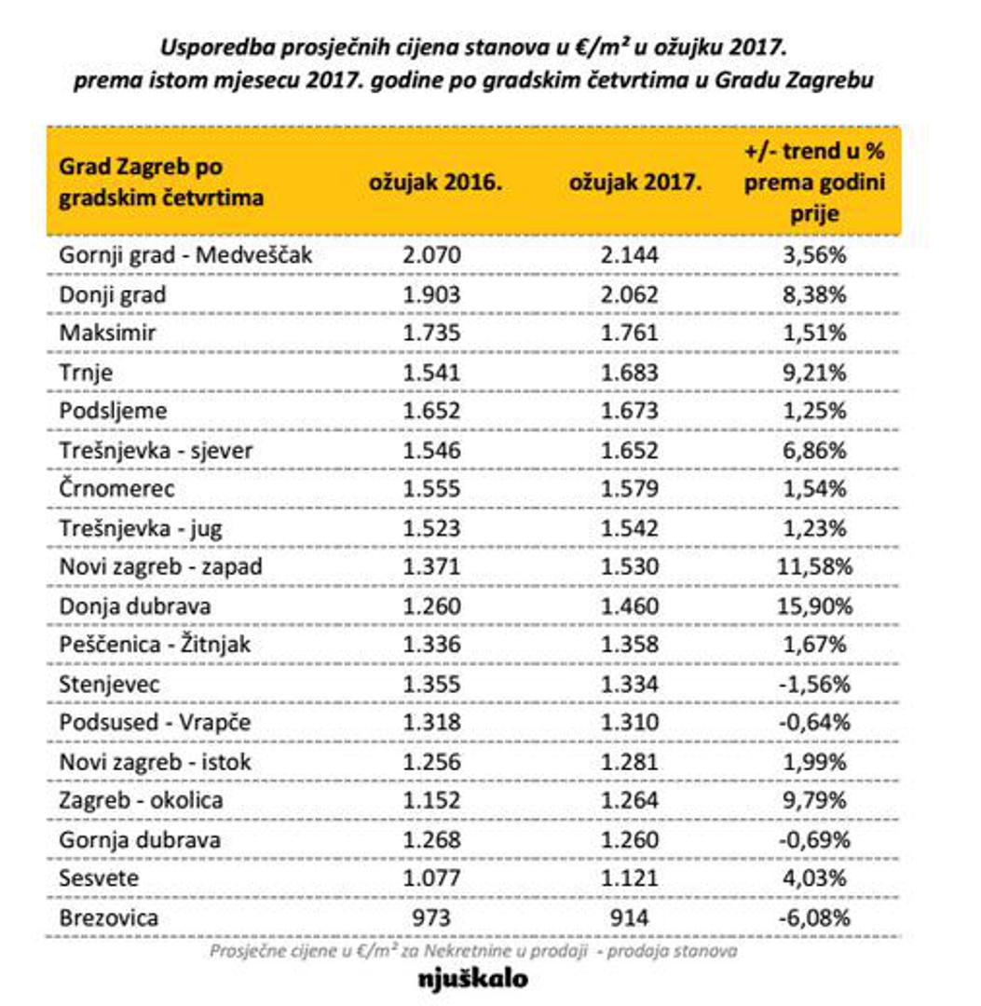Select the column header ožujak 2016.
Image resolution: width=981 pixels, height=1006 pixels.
[435, 184]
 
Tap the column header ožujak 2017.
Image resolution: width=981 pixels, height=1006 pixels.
[634, 184]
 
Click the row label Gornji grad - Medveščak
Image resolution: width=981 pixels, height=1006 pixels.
[185, 255]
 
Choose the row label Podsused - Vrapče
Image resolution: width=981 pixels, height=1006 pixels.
[155, 723]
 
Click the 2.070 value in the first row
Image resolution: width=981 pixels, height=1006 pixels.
[431, 255]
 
